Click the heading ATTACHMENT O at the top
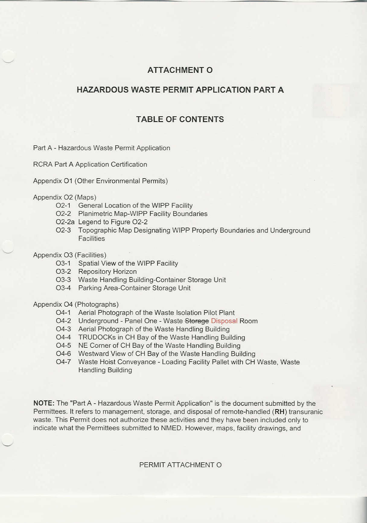coord(180,70)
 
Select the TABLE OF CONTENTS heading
coord(180,119)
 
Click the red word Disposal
coord(224,321)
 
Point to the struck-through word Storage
coord(196,321)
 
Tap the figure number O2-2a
coord(65,222)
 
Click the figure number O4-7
coord(63,362)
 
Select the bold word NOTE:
coord(44,403)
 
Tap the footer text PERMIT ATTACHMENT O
coord(180,465)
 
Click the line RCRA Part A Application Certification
coord(90,164)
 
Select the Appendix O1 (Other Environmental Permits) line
coord(100,181)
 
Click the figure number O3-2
coord(63,272)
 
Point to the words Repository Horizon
coord(107,272)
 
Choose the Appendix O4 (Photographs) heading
coord(76,304)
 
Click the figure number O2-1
coord(63,206)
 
